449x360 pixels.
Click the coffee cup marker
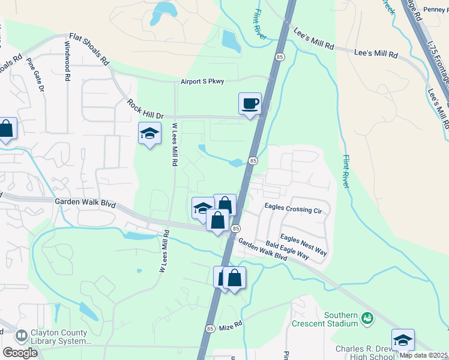(250, 104)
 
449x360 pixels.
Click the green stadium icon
(367, 320)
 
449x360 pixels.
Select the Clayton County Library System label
(59, 337)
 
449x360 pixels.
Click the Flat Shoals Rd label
(89, 49)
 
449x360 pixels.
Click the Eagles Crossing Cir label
(293, 209)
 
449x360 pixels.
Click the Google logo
(20, 353)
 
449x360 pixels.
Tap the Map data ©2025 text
(424, 355)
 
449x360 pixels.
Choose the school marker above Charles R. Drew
(403, 340)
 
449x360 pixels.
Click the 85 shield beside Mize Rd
(209, 329)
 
